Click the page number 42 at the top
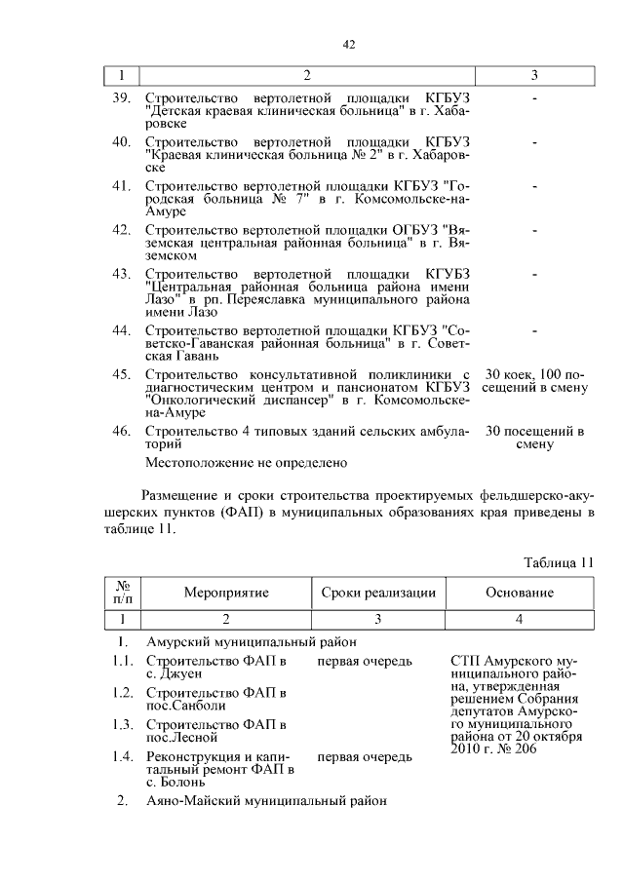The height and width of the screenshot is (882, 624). (348, 44)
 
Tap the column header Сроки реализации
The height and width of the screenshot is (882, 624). (378, 593)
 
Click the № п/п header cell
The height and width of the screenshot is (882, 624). (123, 593)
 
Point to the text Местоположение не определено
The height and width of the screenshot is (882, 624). (246, 463)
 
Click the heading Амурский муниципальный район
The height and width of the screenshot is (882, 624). (251, 642)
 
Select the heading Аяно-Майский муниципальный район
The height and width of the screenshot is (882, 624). (266, 801)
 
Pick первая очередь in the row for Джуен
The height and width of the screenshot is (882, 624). (364, 663)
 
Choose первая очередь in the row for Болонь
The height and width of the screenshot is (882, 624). (364, 756)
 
